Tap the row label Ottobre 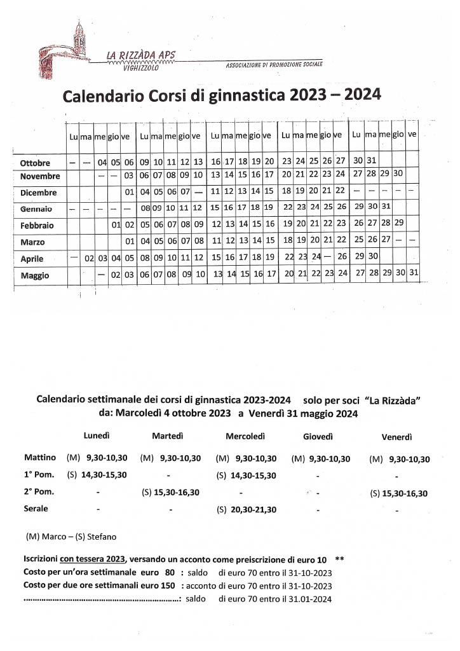35,163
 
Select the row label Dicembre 38,193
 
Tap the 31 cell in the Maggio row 414,273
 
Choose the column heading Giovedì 318,437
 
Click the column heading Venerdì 397,437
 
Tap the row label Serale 36,509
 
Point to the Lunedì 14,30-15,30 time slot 104,475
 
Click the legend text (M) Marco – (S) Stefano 71,537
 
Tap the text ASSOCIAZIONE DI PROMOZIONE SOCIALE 274,65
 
